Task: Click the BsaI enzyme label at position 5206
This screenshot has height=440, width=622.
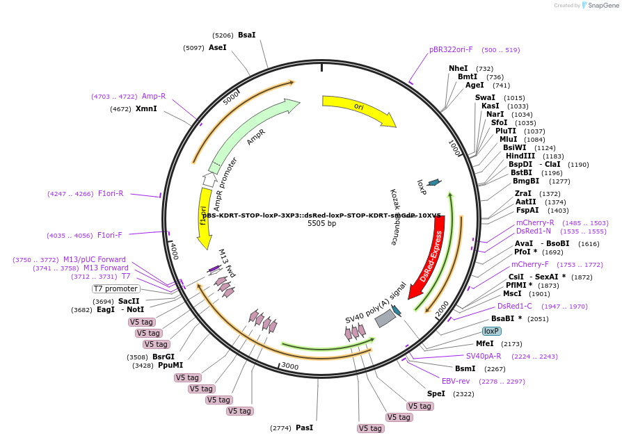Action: [246, 35]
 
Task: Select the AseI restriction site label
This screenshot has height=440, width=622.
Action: [218, 48]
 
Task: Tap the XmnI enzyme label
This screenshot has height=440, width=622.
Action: [146, 109]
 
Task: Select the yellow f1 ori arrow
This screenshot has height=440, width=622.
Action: [204, 218]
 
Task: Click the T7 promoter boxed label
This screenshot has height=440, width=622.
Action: [115, 288]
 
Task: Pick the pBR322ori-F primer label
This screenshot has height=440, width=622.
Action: [451, 50]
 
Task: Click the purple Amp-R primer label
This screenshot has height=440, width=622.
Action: [154, 97]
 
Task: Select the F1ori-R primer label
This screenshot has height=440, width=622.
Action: [111, 194]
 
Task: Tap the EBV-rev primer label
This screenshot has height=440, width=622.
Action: [456, 381]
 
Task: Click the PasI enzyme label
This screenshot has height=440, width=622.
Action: [304, 428]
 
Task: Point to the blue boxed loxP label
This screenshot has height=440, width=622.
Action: [492, 331]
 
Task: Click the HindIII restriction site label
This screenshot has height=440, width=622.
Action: [520, 156]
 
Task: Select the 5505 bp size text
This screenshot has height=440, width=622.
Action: [321, 224]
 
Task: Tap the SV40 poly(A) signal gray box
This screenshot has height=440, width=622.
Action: [385, 318]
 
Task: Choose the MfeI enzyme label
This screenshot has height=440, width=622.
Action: [484, 343]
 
